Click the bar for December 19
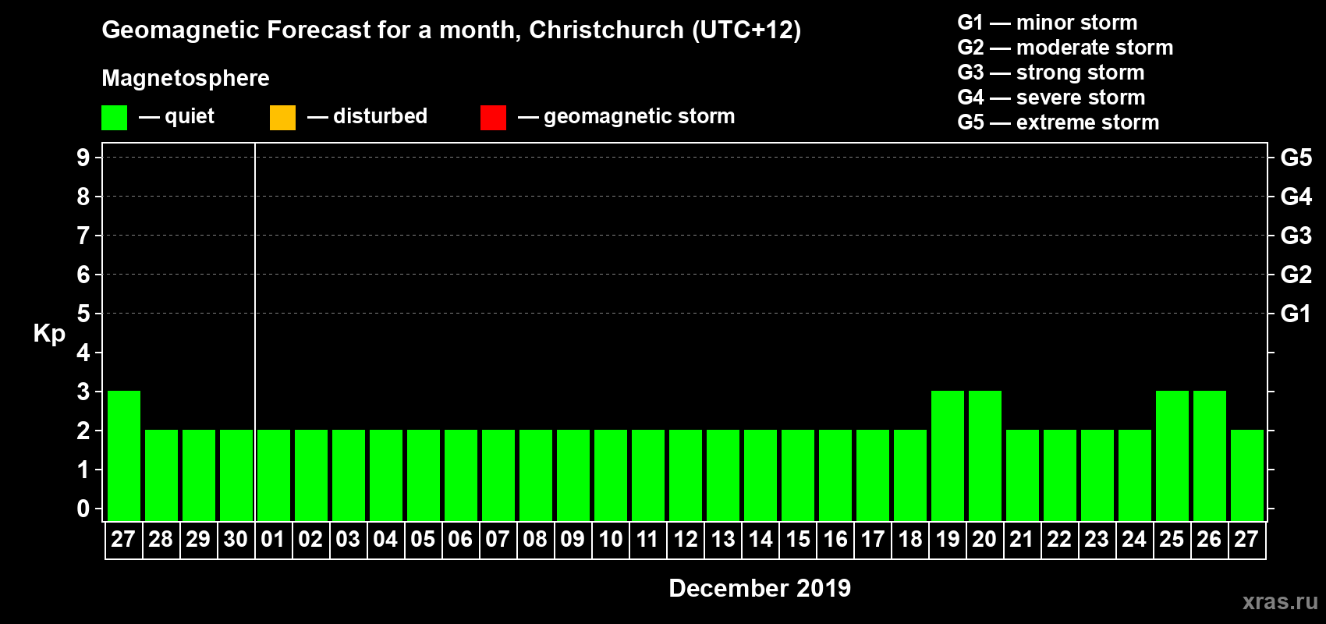point(948,456)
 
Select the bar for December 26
point(1210,456)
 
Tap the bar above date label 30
point(236,475)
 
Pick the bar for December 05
point(424,475)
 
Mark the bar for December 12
point(686,475)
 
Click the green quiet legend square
point(114,118)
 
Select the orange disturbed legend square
point(282,118)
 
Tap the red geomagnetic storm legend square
point(493,118)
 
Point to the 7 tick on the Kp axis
point(83,236)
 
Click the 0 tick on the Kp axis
point(83,509)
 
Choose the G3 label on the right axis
point(1296,236)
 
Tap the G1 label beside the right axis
point(1296,314)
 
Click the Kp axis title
point(49,334)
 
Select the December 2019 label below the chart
point(760,588)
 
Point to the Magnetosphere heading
point(186,78)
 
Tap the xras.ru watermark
point(1280,601)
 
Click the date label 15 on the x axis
point(798,539)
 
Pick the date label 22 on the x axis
point(1059,539)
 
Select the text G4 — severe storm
point(1051,97)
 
